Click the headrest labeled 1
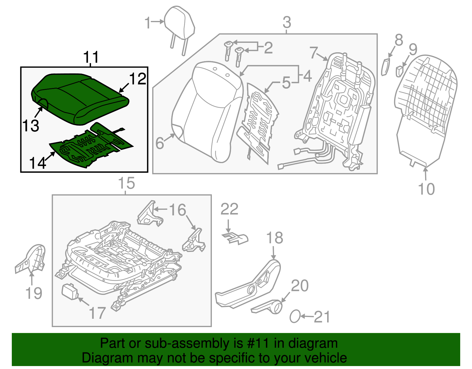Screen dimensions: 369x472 click(x=179, y=24)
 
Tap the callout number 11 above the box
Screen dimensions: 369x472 click(x=91, y=57)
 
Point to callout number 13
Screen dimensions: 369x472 click(x=30, y=126)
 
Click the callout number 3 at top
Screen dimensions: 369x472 click(x=287, y=22)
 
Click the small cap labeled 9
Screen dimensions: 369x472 click(x=399, y=71)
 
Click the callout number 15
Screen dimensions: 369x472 click(x=126, y=183)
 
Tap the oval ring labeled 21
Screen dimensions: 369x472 click(x=295, y=316)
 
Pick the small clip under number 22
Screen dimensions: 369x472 click(x=235, y=238)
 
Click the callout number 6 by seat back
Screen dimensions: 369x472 click(x=160, y=143)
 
